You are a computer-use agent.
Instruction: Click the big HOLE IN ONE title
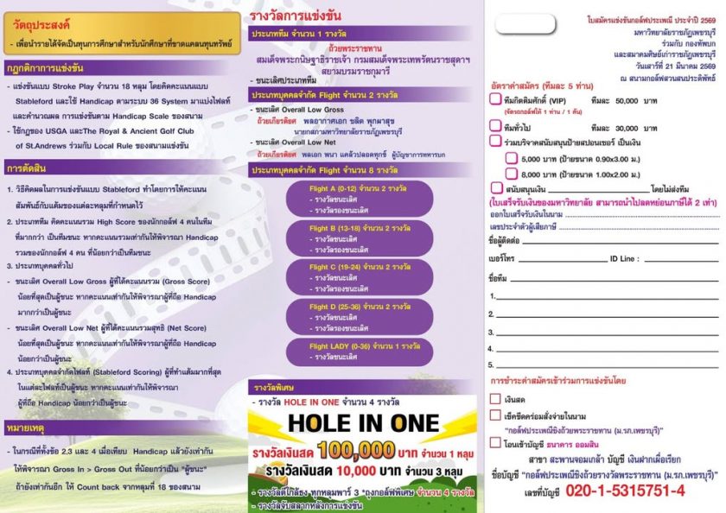pyautogui.click(x=364, y=422)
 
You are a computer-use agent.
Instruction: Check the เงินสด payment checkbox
pyautogui.click(x=495, y=399)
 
